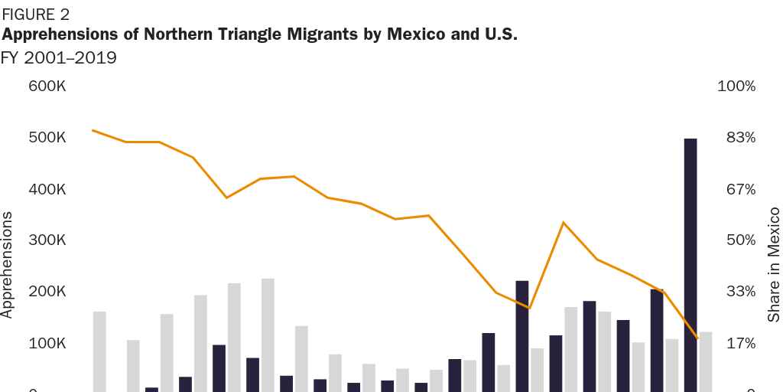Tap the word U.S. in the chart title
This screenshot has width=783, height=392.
[x=499, y=34]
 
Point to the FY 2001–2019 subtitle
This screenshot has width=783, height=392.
[x=59, y=58]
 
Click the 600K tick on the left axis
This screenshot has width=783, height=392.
[x=47, y=86]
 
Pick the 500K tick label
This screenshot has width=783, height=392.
[x=47, y=138]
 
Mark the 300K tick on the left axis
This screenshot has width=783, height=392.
[x=47, y=240]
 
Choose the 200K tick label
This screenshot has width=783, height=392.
[x=47, y=292]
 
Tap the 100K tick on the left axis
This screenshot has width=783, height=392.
[x=47, y=343]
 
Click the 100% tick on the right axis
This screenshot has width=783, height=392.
[x=736, y=86]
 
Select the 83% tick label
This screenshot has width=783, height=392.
[x=740, y=138]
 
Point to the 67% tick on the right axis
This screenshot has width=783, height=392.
[x=740, y=189]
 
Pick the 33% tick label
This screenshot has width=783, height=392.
[x=740, y=292]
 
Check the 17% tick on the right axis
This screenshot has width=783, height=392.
[x=740, y=343]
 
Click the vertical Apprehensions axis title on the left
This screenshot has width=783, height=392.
[x=8, y=264]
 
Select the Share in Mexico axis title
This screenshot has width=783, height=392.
[x=774, y=264]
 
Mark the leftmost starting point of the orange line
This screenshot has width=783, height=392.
[x=93, y=130]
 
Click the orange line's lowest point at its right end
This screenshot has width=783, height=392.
[x=697, y=338]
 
